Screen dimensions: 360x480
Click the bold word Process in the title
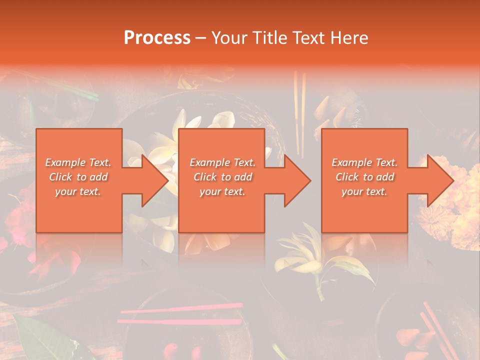coord(157,38)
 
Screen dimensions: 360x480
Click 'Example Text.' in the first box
coord(78,162)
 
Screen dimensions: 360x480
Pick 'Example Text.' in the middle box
coord(222,162)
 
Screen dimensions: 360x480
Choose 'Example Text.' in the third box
coord(364,162)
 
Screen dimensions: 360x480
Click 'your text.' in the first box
coord(78,191)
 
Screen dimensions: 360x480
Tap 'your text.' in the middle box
coord(222,191)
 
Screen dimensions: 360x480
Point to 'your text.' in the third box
coord(364,191)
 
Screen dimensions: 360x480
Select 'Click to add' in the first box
coord(78,177)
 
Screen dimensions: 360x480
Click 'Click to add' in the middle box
coord(222,177)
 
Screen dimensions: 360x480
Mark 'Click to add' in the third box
coord(364,177)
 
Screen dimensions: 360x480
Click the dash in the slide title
coord(201,38)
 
